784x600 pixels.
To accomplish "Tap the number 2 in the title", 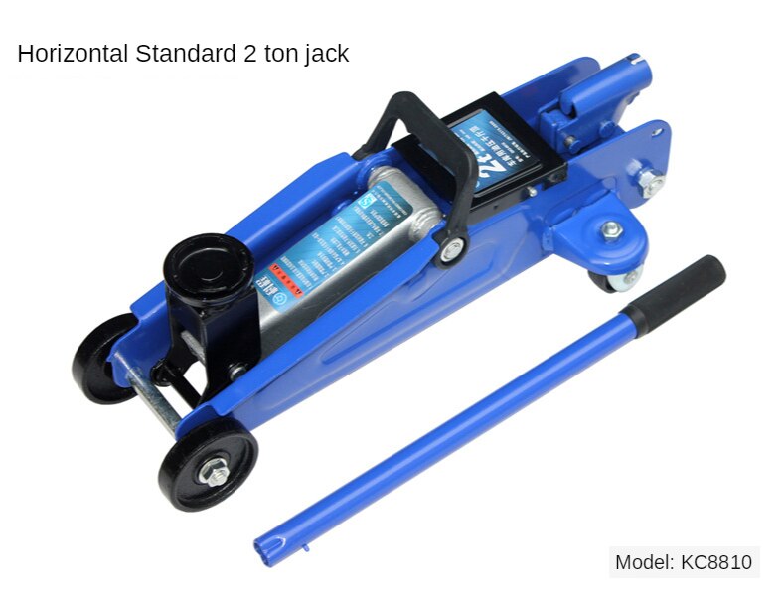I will (x=247, y=54).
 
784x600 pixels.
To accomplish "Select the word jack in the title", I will (x=325, y=55).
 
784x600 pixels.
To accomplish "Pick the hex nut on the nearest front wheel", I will (x=211, y=469).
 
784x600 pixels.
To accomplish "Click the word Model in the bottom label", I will (x=644, y=562).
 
